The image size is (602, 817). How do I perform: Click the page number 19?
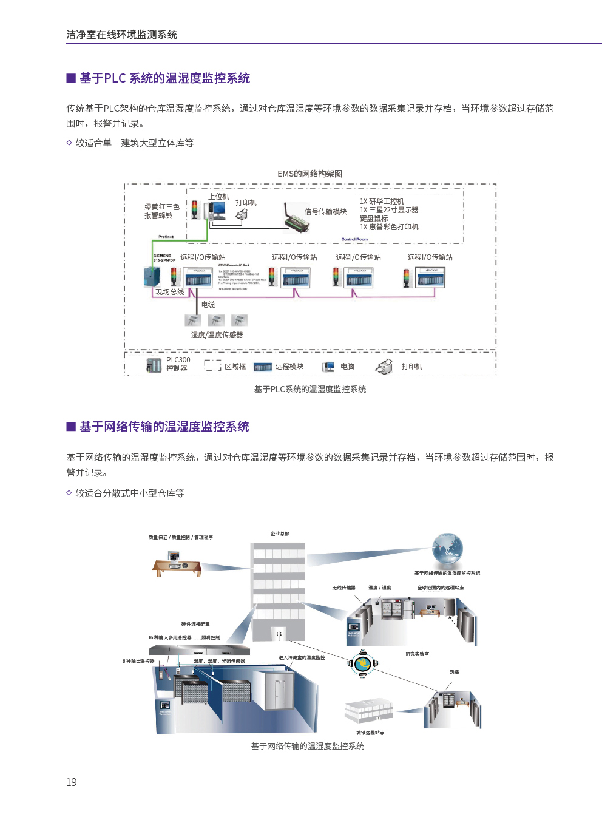click(72, 782)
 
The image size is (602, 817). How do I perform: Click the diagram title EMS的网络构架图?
click(309, 174)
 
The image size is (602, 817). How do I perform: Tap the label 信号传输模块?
click(325, 212)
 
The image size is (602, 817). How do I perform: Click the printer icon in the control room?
click(242, 215)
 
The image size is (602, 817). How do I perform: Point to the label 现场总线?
click(169, 292)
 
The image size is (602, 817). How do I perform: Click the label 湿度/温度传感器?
click(217, 335)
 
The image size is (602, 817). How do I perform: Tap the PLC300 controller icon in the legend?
click(154, 365)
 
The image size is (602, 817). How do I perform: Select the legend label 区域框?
click(235, 367)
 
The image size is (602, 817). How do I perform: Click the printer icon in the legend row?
click(384, 366)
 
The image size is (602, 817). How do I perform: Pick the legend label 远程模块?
click(289, 367)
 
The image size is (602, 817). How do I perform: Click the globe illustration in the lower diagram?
click(447, 549)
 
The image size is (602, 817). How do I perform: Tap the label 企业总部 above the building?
click(280, 534)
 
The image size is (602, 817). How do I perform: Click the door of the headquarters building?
click(279, 634)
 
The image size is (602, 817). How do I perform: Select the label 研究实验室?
click(417, 654)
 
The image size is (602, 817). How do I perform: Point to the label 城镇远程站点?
click(370, 733)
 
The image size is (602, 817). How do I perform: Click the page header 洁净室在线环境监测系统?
click(121, 35)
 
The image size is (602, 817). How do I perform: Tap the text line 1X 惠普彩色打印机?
click(389, 227)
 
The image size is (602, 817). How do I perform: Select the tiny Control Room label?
click(354, 239)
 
